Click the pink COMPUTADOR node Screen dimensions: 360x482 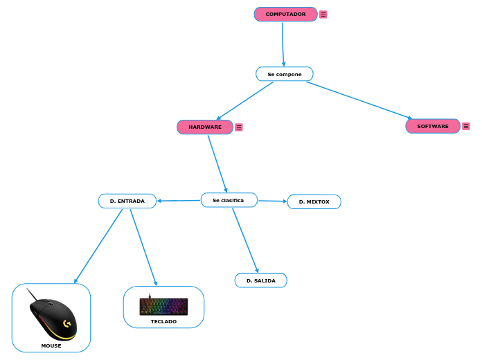pyautogui.click(x=285, y=14)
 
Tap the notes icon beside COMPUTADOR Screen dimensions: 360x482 pyautogui.click(x=323, y=15)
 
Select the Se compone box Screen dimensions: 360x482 pyautogui.click(x=284, y=74)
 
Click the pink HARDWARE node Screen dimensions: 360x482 pyautogui.click(x=205, y=127)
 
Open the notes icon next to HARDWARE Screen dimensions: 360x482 pyautogui.click(x=239, y=127)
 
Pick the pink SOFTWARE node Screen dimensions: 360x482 pyautogui.click(x=432, y=126)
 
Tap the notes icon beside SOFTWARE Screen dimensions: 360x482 pyautogui.click(x=466, y=126)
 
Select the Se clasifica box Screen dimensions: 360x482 pyautogui.click(x=229, y=200)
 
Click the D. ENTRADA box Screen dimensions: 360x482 pyautogui.click(x=127, y=201)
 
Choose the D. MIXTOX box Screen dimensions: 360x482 pyautogui.click(x=314, y=201)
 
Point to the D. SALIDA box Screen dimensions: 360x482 pyautogui.click(x=260, y=280)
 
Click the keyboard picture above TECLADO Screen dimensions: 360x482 pyautogui.click(x=163, y=306)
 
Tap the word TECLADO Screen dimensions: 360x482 pyautogui.click(x=163, y=322)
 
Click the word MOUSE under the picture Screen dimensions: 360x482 pyautogui.click(x=51, y=345)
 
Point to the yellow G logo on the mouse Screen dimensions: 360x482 pyautogui.click(x=67, y=323)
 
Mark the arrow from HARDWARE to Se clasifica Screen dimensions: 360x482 pyautogui.click(x=217, y=163)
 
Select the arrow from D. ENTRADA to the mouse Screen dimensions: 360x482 pyautogui.click(x=98, y=246)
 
